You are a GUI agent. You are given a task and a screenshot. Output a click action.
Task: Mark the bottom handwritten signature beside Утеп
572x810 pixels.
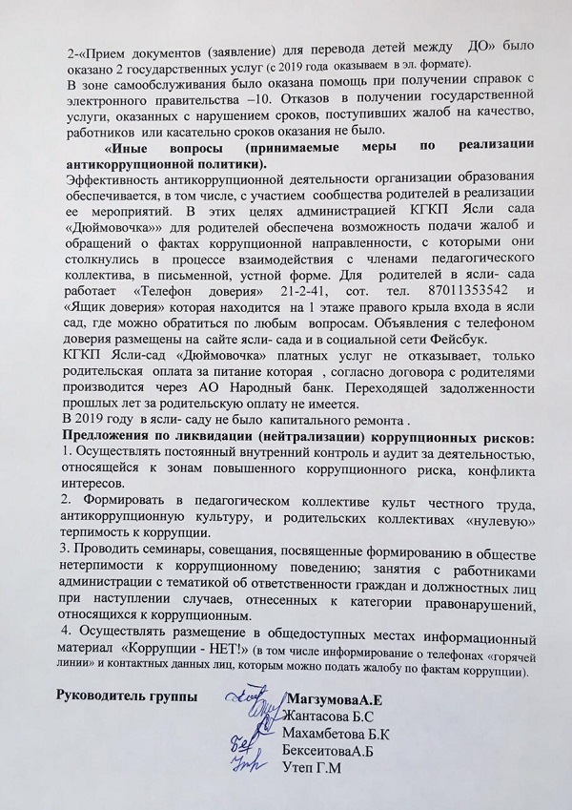(250, 760)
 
